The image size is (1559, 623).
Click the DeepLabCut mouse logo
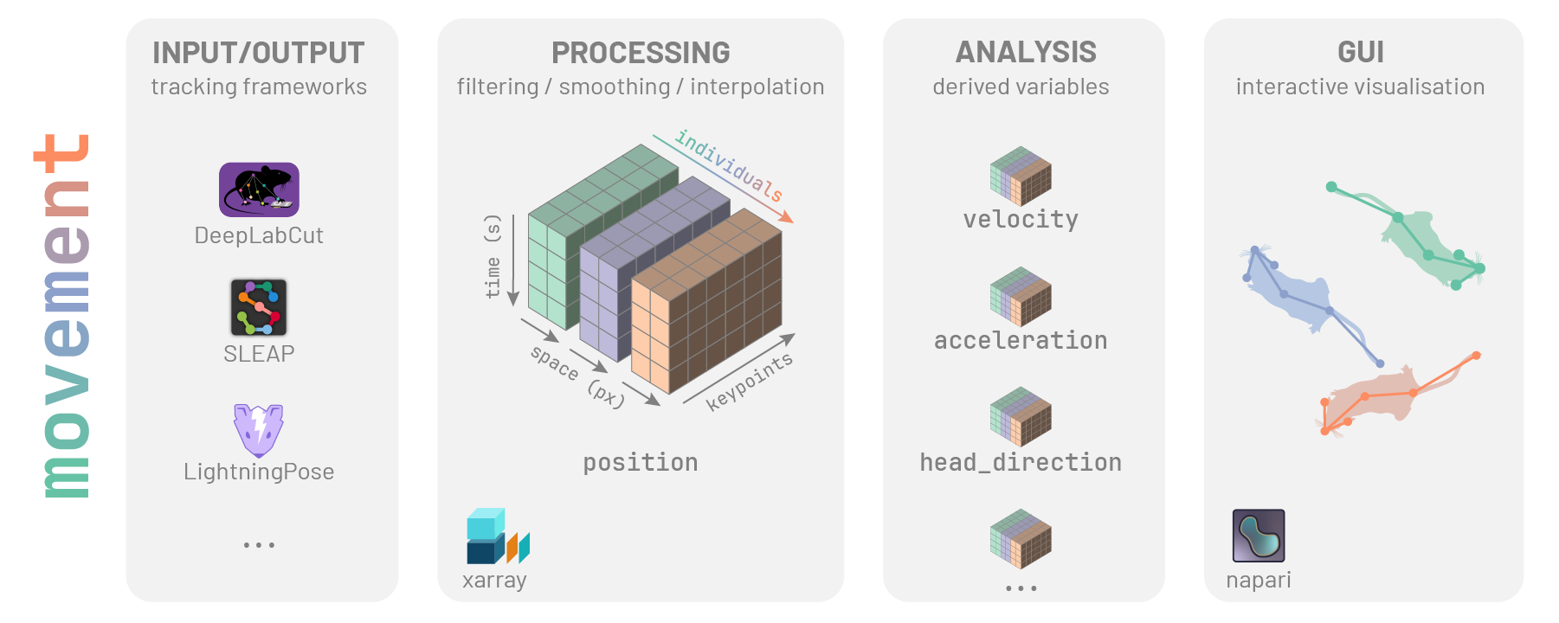coord(259,189)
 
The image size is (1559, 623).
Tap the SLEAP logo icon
coord(259,307)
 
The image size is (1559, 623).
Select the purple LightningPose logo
coord(258,430)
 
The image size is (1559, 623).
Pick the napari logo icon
coord(1258,536)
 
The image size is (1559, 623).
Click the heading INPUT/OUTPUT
coord(258,53)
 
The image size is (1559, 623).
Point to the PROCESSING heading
coord(641,53)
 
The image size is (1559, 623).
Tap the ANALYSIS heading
coord(1026,53)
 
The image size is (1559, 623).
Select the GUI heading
coord(1360,53)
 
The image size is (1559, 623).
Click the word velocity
coord(1021,219)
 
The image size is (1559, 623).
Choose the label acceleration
coord(1021,340)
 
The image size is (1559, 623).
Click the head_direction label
coord(1021,462)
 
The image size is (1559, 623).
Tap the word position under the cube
coord(640,462)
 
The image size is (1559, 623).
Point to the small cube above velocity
coord(1021,176)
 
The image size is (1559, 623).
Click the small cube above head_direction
coord(1021,417)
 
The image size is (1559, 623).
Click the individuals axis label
coord(729,165)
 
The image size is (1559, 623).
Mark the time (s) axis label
coord(493,256)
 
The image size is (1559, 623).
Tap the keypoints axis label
coord(749,382)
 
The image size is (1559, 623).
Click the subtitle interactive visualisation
coord(1360,87)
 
